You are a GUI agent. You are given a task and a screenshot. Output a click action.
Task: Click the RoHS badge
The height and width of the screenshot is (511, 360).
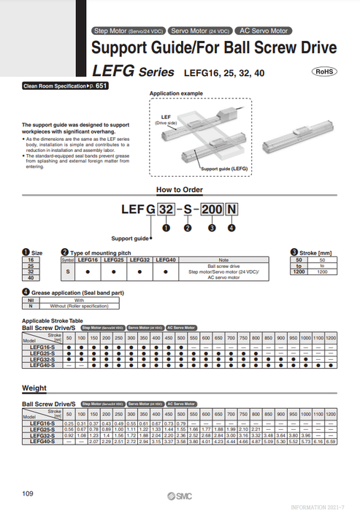(x=326, y=72)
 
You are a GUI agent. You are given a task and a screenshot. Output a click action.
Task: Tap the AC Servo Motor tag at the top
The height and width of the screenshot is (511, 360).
(x=264, y=31)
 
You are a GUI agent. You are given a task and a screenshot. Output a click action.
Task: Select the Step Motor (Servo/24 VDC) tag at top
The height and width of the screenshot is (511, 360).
(x=129, y=31)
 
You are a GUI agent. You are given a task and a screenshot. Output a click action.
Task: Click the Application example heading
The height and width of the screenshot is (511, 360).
(x=176, y=94)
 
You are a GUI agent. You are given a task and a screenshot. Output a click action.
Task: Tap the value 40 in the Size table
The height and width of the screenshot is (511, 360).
(x=31, y=278)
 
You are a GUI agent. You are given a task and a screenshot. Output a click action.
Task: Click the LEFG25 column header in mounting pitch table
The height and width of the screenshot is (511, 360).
(x=113, y=259)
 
